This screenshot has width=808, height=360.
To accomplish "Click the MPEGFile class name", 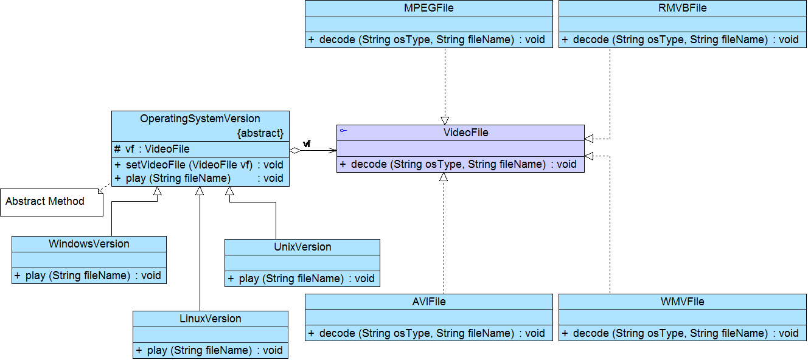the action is pos(428,8).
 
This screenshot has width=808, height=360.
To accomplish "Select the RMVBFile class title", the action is pos(682,8).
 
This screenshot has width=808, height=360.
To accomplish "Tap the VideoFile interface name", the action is pos(465,133).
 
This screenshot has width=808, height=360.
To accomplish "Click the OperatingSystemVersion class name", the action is pos(200,119).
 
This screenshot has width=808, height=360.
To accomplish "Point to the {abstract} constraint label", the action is pos(260,133).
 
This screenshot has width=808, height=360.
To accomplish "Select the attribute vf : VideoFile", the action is pos(152,149).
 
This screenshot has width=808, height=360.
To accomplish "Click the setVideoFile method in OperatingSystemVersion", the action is pos(199,165).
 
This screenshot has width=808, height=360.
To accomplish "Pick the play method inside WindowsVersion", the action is pos(88,275).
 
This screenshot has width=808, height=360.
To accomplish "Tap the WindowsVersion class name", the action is pos(89,244).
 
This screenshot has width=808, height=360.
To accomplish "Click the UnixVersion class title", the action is pos(302,247).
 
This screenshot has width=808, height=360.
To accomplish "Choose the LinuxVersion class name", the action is pos(211,319).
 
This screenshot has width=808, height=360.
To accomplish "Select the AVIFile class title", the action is pos(428,302).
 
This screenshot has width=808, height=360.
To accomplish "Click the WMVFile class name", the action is pos(682,302).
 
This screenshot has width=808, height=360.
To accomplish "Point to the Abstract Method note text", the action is pos(45,201).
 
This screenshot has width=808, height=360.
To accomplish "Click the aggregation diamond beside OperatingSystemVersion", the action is pos(295,151).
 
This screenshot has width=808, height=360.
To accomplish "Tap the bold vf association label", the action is pos(307,144).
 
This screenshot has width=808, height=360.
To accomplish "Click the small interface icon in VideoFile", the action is pos(343,131).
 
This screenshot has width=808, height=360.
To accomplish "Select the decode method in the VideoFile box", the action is pos(458,164).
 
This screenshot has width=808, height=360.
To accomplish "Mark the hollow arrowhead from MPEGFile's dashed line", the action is pos(445,121).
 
